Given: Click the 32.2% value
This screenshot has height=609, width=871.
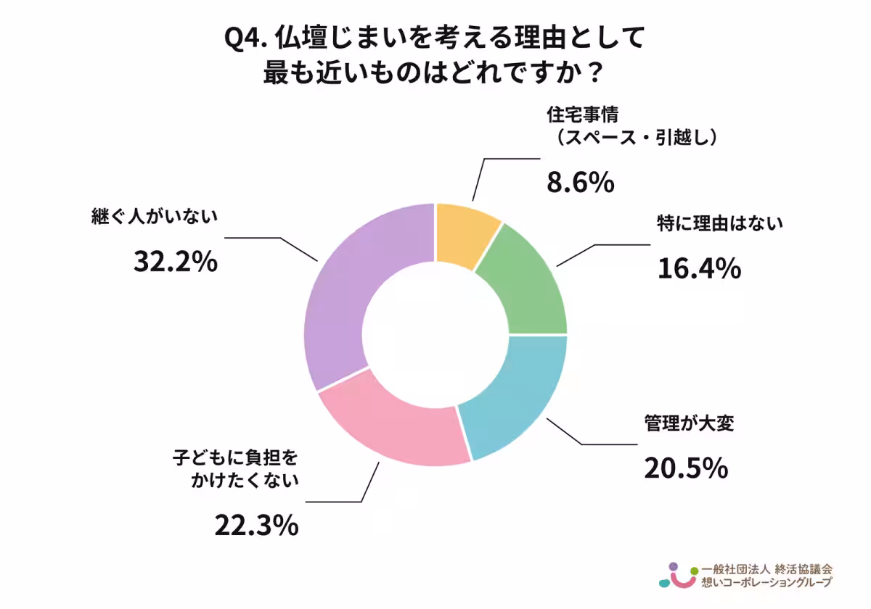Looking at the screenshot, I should (x=176, y=262).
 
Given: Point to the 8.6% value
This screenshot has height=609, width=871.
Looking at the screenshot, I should (x=580, y=183).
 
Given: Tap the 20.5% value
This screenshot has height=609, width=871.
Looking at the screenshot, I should (x=685, y=468).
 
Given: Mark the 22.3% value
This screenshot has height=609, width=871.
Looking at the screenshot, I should (x=256, y=526).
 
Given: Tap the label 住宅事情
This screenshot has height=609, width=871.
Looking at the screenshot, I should (x=581, y=115).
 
